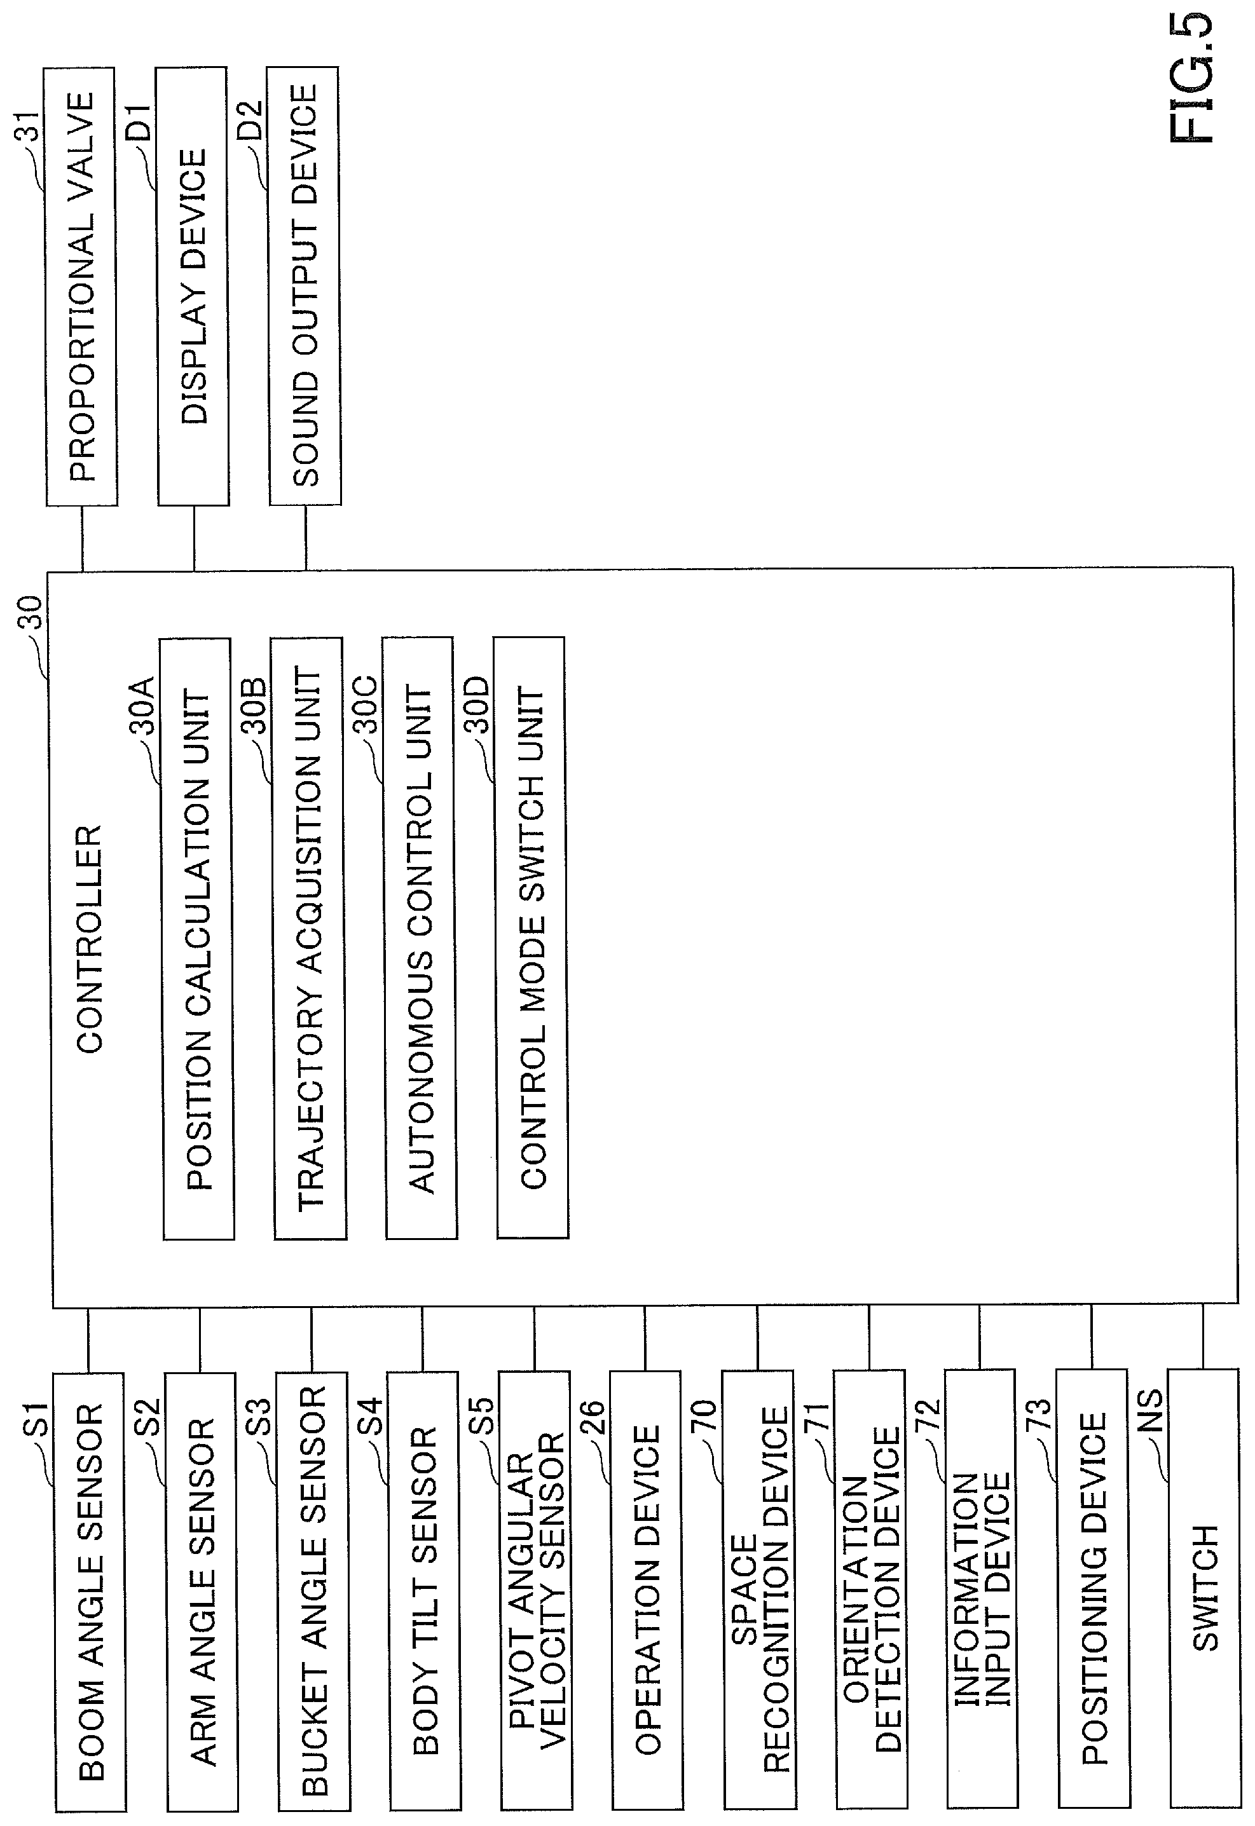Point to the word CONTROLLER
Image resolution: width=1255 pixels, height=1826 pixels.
pos(90,939)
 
